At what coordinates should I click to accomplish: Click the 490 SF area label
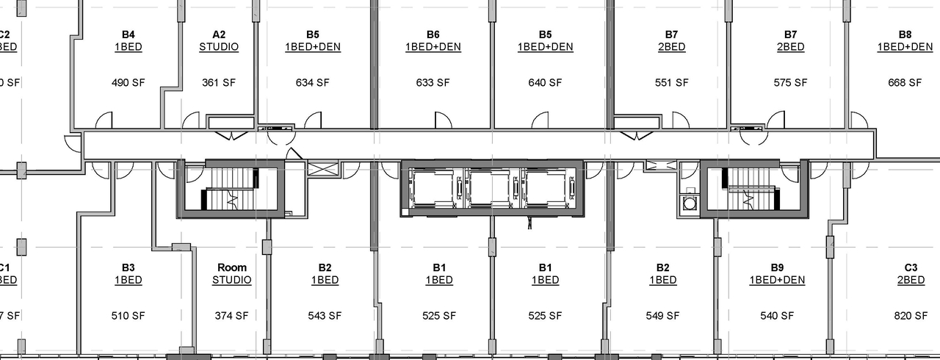coord(128,83)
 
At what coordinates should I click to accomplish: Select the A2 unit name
coord(219,35)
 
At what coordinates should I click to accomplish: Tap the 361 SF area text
coord(219,83)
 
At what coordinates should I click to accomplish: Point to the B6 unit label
coord(433,35)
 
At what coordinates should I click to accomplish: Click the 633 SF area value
coord(433,83)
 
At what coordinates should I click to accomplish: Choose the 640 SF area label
coord(545,83)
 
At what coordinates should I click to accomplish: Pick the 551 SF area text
coord(671,83)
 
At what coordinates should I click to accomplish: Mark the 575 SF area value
coord(790,83)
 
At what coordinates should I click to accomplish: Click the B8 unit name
coord(905,35)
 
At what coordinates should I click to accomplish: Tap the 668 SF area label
coord(905,83)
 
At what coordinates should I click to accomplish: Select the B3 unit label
coord(128,267)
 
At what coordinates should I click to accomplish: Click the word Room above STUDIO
coord(232,267)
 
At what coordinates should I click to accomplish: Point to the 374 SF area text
coord(232,317)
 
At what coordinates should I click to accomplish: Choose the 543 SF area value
coord(325,317)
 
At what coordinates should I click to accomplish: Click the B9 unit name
coord(777,267)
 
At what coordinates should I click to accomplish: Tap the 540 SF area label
coord(777,317)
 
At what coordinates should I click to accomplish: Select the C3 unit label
coord(911,267)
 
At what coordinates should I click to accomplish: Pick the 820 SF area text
coord(911,317)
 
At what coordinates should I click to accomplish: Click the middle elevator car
coord(491,188)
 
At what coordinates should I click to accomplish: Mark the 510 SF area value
coord(128,317)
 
